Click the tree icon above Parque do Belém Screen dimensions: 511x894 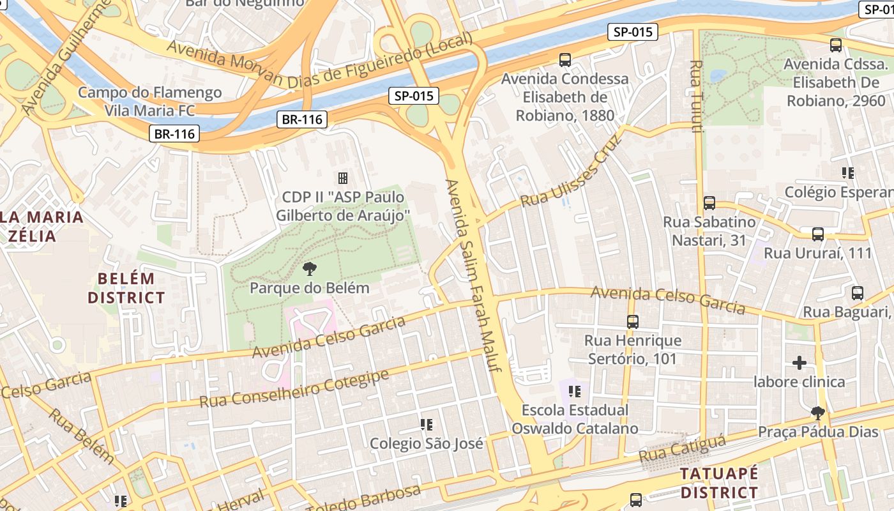pos(310,268)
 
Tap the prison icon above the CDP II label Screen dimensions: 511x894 pos(343,178)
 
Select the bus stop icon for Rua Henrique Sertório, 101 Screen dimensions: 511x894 pos(633,321)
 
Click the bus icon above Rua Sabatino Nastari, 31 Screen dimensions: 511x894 pos(709,203)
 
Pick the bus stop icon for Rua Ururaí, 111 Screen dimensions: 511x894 pos(818,234)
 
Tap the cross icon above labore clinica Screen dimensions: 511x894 pos(799,363)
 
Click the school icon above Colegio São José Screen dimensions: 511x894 pos(427,424)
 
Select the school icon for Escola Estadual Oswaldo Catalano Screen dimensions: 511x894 pos(575,391)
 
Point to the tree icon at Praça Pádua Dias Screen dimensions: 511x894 pos(817,413)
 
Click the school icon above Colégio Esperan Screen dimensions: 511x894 pos(848,172)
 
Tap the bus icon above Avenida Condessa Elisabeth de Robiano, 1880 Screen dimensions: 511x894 pos(564,60)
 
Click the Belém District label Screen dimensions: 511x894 pos(126,288)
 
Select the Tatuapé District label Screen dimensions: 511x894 pos(719,483)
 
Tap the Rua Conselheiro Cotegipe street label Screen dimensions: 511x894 pos(294,389)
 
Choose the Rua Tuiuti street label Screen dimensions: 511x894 pos(697,96)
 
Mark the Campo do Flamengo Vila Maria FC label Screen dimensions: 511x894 pos(149,102)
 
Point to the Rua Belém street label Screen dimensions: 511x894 pos(81,436)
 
